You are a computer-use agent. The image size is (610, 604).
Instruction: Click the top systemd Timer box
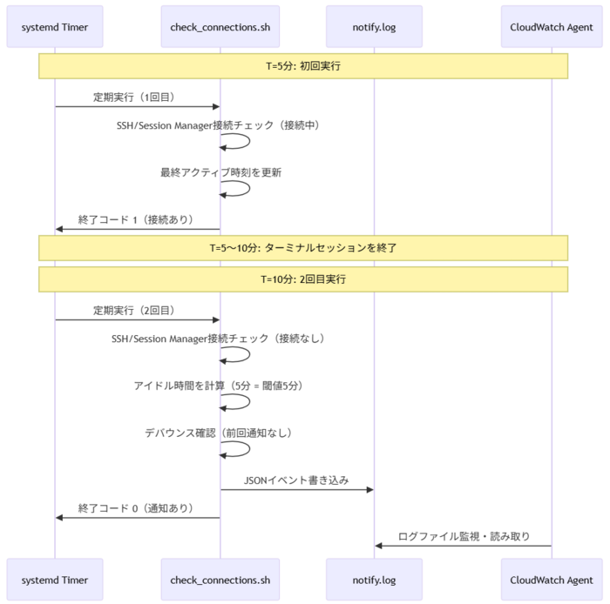pos(54,27)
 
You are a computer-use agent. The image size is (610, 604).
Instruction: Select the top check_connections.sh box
pos(220,27)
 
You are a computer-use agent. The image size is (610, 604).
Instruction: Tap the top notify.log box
pos(374,27)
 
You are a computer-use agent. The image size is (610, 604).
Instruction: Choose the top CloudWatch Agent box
pos(552,27)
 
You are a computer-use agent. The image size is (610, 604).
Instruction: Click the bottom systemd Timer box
pos(54,579)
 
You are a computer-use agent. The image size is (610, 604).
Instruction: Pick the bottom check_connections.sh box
pos(220,579)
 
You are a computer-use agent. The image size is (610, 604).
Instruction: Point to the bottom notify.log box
pos(374,579)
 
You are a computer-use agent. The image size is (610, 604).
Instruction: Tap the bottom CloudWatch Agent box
pos(552,579)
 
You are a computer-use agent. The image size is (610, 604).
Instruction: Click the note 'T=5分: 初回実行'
pos(303,66)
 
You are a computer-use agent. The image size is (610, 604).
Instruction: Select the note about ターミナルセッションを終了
pos(303,247)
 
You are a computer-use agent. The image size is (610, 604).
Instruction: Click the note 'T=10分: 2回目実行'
pos(303,279)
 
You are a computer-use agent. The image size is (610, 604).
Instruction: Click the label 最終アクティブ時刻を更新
pos(220,172)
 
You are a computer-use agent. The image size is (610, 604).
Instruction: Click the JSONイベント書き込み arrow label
pos(296,480)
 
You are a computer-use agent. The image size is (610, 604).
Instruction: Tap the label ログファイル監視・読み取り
pos(464,536)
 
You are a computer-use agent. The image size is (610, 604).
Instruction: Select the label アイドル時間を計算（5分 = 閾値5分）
pos(220,386)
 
